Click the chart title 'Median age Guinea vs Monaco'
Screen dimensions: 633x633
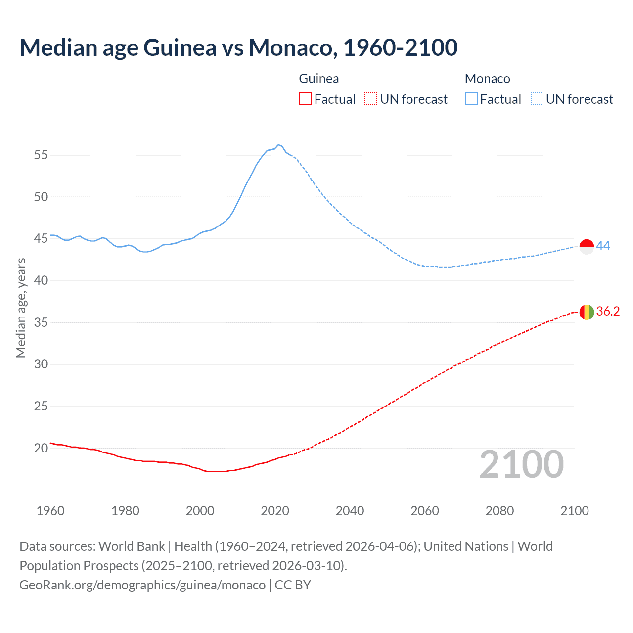tap(238, 47)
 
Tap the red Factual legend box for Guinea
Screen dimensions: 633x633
tap(305, 99)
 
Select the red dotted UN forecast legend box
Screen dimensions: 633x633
tap(371, 99)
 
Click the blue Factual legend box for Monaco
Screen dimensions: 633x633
tap(471, 99)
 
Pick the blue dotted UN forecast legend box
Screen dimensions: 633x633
tap(537, 99)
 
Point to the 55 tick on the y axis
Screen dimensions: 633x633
tap(41, 155)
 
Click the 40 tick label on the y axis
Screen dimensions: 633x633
tap(41, 281)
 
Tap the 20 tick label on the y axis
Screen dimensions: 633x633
tap(41, 449)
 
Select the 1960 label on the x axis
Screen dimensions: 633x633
tap(50, 511)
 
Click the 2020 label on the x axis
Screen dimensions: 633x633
tap(275, 511)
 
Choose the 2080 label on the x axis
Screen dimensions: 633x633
tap(499, 511)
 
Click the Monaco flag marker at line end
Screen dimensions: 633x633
tap(587, 246)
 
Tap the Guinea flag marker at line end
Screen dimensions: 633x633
tap(587, 312)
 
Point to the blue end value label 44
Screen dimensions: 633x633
tap(603, 246)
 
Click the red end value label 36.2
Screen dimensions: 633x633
tap(608, 311)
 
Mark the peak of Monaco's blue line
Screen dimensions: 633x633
tap(278, 145)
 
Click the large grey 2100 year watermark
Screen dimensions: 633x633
tap(521, 464)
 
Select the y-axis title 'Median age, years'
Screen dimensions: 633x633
tap(21, 308)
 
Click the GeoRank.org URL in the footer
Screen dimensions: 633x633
tap(142, 585)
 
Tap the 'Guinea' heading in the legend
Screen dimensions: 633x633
tap(319, 79)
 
